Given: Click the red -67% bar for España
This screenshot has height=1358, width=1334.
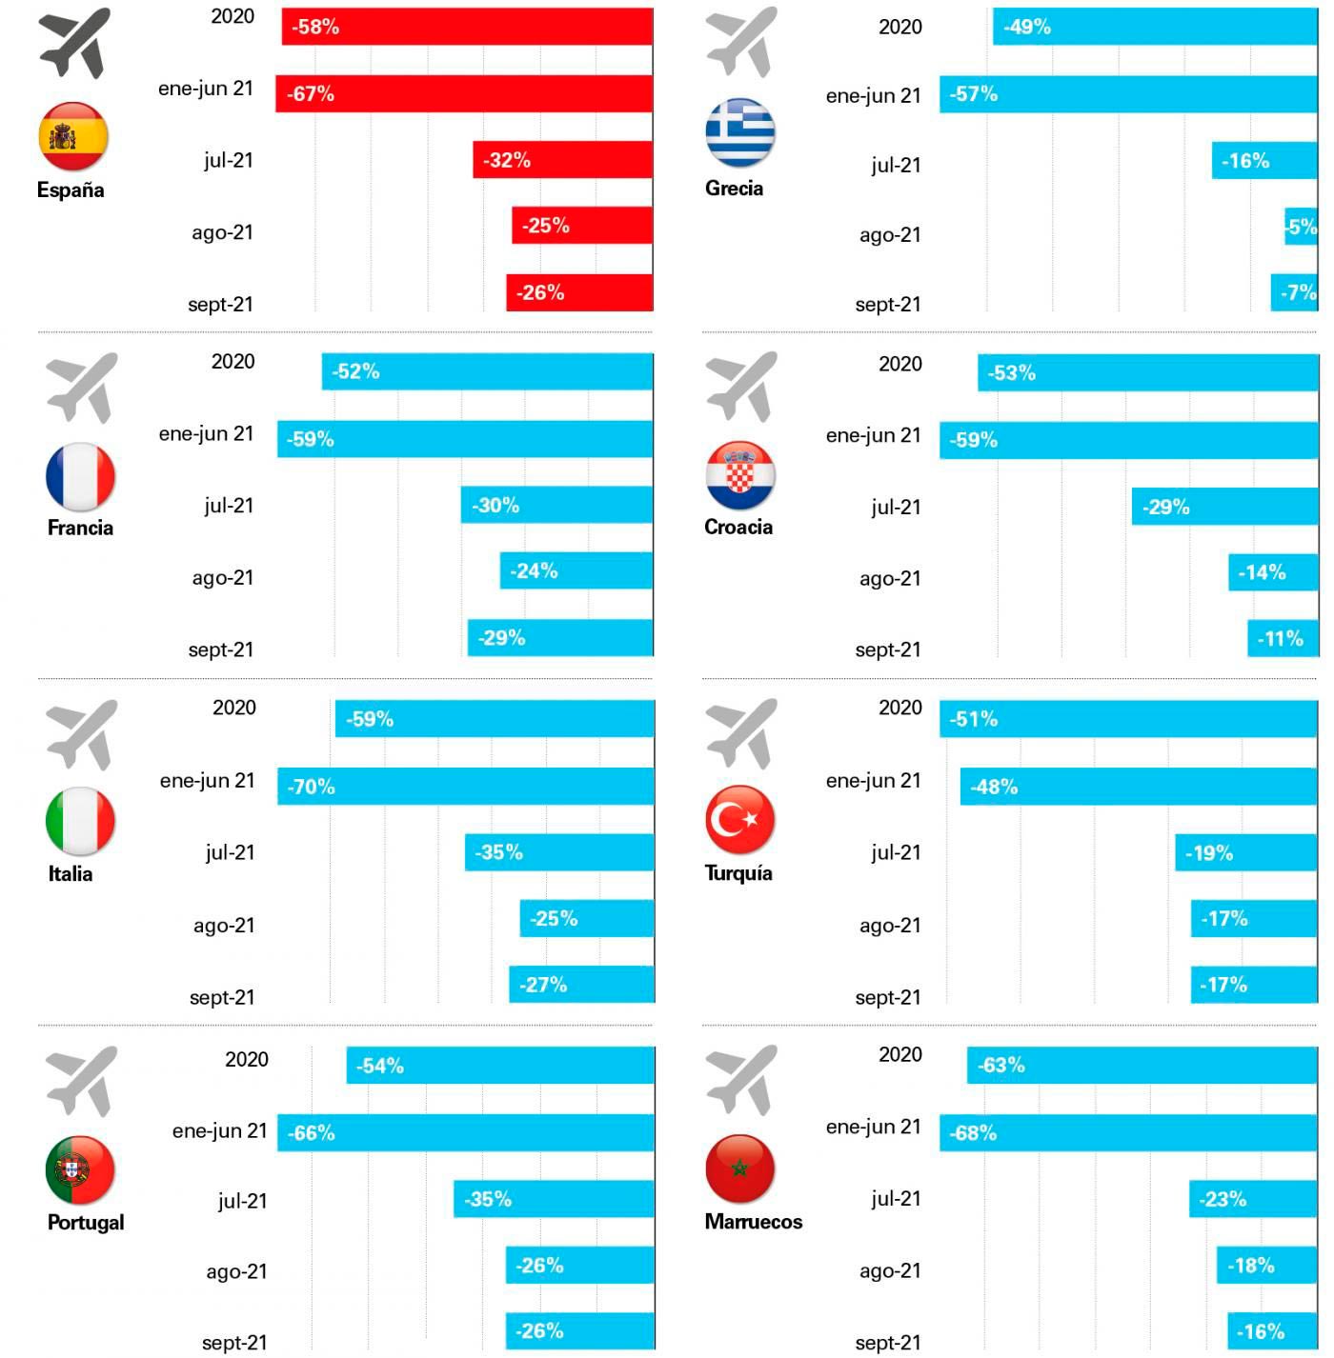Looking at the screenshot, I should coord(464,93).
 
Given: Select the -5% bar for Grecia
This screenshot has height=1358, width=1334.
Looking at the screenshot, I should coord(1301,227).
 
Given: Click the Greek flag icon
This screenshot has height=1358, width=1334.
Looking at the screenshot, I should coord(740,132).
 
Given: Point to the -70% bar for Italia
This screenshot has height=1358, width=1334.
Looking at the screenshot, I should coord(465,787).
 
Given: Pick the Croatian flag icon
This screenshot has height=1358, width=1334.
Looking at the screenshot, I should coord(740,475).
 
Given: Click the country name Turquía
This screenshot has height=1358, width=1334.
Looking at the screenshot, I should coord(738,873).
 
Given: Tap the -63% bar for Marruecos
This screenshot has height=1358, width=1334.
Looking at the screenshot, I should coord(1142,1065).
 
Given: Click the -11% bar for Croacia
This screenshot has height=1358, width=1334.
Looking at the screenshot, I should coord(1283,638).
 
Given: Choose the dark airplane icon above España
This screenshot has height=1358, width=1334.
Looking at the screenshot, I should coord(74,43).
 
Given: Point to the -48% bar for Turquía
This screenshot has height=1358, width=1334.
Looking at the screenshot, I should coord(1139,787).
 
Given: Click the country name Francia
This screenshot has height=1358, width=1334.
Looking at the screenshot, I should coord(80,528).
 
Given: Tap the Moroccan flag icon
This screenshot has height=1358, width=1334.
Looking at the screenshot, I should coord(740,1168).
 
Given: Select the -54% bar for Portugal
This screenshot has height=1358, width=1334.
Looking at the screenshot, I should coord(500,1066).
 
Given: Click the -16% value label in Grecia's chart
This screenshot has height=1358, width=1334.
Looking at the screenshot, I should coord(1245,161).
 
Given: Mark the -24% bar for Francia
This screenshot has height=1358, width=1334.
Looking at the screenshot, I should coord(576,571).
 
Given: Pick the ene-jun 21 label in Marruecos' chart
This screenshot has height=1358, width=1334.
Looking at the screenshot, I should coord(873,1127).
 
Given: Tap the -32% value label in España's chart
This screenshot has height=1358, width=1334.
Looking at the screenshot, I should coord(506,160).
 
